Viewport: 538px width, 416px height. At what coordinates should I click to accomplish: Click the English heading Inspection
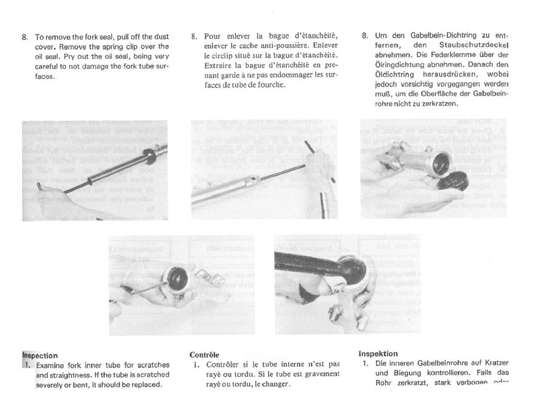point(40,355)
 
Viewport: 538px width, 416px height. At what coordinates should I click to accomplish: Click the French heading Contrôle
point(204,355)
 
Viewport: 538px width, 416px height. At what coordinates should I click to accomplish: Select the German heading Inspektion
point(378,354)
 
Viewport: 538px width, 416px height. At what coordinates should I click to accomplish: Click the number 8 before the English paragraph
point(24,37)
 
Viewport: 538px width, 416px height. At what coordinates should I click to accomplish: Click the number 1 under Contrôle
point(196,364)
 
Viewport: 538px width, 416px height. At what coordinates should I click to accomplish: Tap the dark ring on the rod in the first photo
point(150,156)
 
